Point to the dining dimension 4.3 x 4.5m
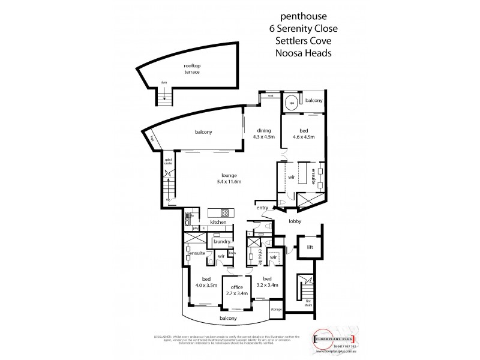[265, 137]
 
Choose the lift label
[310, 247]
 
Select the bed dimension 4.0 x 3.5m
[206, 284]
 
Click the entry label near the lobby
[262, 208]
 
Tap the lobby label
[293, 221]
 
